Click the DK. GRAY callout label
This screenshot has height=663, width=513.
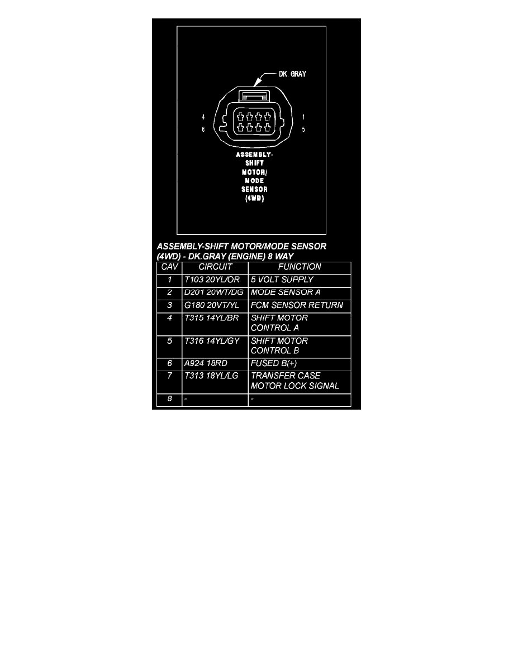tap(292, 74)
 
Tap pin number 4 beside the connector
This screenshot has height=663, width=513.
tap(203, 118)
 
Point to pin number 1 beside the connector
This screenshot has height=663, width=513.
tap(302, 118)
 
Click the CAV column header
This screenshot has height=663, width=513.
tap(169, 267)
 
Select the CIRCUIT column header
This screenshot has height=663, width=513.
tap(215, 267)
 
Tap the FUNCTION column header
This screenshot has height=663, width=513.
tap(300, 267)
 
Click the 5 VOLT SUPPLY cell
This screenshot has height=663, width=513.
tap(282, 280)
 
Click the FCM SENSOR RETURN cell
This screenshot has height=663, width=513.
tap(296, 306)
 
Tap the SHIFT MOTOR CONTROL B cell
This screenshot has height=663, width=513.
tap(279, 345)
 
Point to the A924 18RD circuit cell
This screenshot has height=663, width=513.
tap(206, 363)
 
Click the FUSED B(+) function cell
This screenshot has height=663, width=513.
tap(275, 363)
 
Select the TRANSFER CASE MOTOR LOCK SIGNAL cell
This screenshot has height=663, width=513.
tap(294, 381)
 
